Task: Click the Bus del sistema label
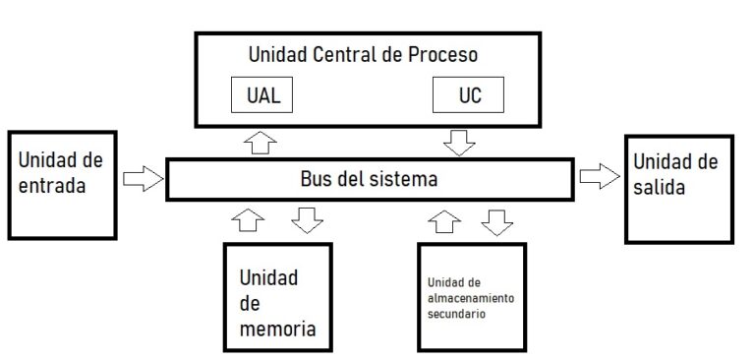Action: [x=369, y=180]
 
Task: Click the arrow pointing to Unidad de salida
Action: [x=598, y=176]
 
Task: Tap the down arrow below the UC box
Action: [x=459, y=142]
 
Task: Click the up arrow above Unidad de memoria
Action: [x=251, y=219]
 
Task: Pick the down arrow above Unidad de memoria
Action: [x=308, y=218]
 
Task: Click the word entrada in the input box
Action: [x=54, y=183]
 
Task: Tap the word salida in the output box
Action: [x=659, y=187]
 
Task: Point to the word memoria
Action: [x=278, y=328]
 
